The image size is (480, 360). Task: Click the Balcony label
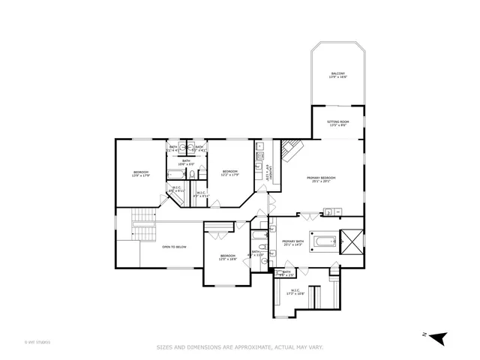click(x=337, y=75)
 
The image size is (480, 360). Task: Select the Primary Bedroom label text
click(x=321, y=179)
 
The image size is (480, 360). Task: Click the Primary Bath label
click(x=292, y=243)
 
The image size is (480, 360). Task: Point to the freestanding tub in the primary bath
click(x=323, y=241)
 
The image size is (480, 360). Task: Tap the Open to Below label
click(x=174, y=247)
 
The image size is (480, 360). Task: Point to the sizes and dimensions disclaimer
click(x=239, y=347)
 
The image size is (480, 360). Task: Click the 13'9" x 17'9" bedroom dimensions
click(x=141, y=175)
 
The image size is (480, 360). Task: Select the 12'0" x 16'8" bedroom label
click(x=228, y=257)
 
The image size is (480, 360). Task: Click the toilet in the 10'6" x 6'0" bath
click(x=193, y=175)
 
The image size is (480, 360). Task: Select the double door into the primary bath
click(x=307, y=216)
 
